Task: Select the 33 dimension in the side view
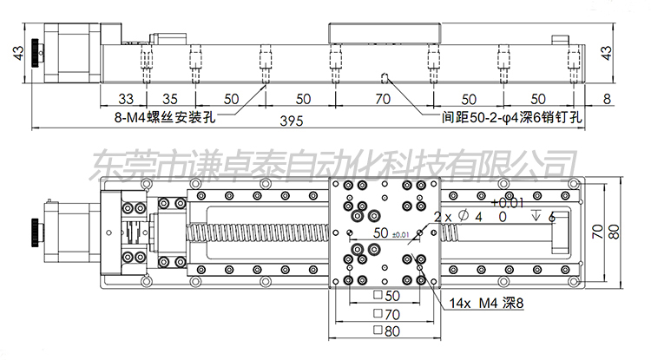(126, 98)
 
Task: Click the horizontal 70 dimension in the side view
(382, 98)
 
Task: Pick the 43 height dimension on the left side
(16, 54)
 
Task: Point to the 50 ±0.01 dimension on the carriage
(385, 233)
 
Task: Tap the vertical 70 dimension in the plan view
(599, 232)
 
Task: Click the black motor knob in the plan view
(33, 232)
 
